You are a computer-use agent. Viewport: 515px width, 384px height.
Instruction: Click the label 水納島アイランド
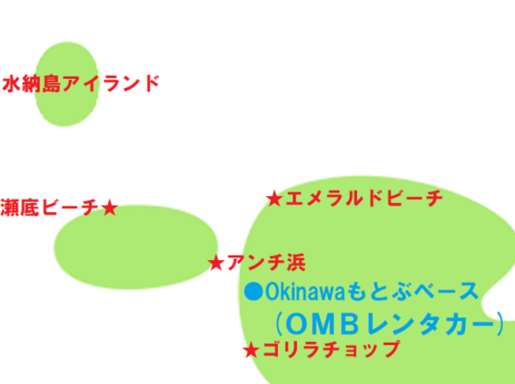tap(81, 83)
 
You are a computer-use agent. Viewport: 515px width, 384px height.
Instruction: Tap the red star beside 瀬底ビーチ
tap(109, 208)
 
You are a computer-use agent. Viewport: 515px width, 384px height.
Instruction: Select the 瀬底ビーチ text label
tap(49, 207)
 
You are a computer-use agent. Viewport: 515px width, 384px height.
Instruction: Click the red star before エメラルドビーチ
tap(274, 199)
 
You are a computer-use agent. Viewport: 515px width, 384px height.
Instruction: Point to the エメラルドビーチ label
tap(364, 199)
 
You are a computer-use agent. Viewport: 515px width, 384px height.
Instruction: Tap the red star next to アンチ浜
tap(216, 263)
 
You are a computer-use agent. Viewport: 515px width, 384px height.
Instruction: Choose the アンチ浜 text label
tap(266, 263)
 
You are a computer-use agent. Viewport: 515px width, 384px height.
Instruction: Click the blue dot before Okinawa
tap(254, 291)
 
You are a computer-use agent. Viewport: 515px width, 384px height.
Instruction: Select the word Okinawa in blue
tap(305, 292)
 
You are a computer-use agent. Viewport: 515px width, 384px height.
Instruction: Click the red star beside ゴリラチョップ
tap(251, 350)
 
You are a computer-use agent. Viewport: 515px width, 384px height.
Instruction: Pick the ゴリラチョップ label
tap(331, 349)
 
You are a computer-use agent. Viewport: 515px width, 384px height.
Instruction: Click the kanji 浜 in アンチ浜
tap(296, 263)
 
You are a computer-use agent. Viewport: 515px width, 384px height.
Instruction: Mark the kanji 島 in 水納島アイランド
tap(51, 83)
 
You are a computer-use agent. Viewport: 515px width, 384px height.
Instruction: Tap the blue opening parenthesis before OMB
tap(278, 324)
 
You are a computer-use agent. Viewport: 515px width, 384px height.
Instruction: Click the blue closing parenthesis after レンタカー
tap(501, 324)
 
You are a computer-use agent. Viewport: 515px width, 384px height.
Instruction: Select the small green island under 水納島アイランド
tap(67, 84)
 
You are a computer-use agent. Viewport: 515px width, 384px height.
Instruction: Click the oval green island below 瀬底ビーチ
tap(136, 247)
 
